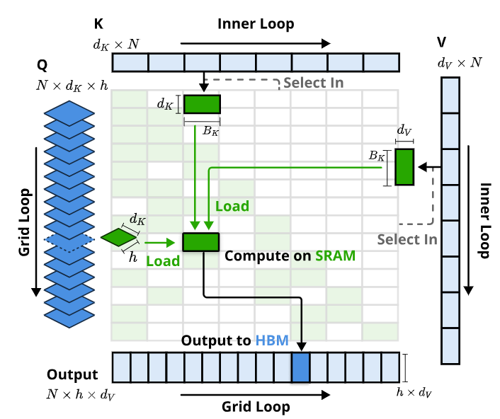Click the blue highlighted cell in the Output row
(x=301, y=368)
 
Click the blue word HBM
(x=273, y=340)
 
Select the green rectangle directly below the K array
(x=202, y=104)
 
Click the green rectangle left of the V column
(x=404, y=167)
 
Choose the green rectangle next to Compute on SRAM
(x=201, y=241)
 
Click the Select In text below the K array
(x=314, y=83)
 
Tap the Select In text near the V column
(x=407, y=239)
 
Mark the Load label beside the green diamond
(x=162, y=260)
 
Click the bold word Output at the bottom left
(x=72, y=374)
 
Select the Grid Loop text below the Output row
(x=256, y=406)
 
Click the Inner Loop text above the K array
(x=256, y=24)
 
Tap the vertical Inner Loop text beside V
(x=485, y=221)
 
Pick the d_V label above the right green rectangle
(x=404, y=130)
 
